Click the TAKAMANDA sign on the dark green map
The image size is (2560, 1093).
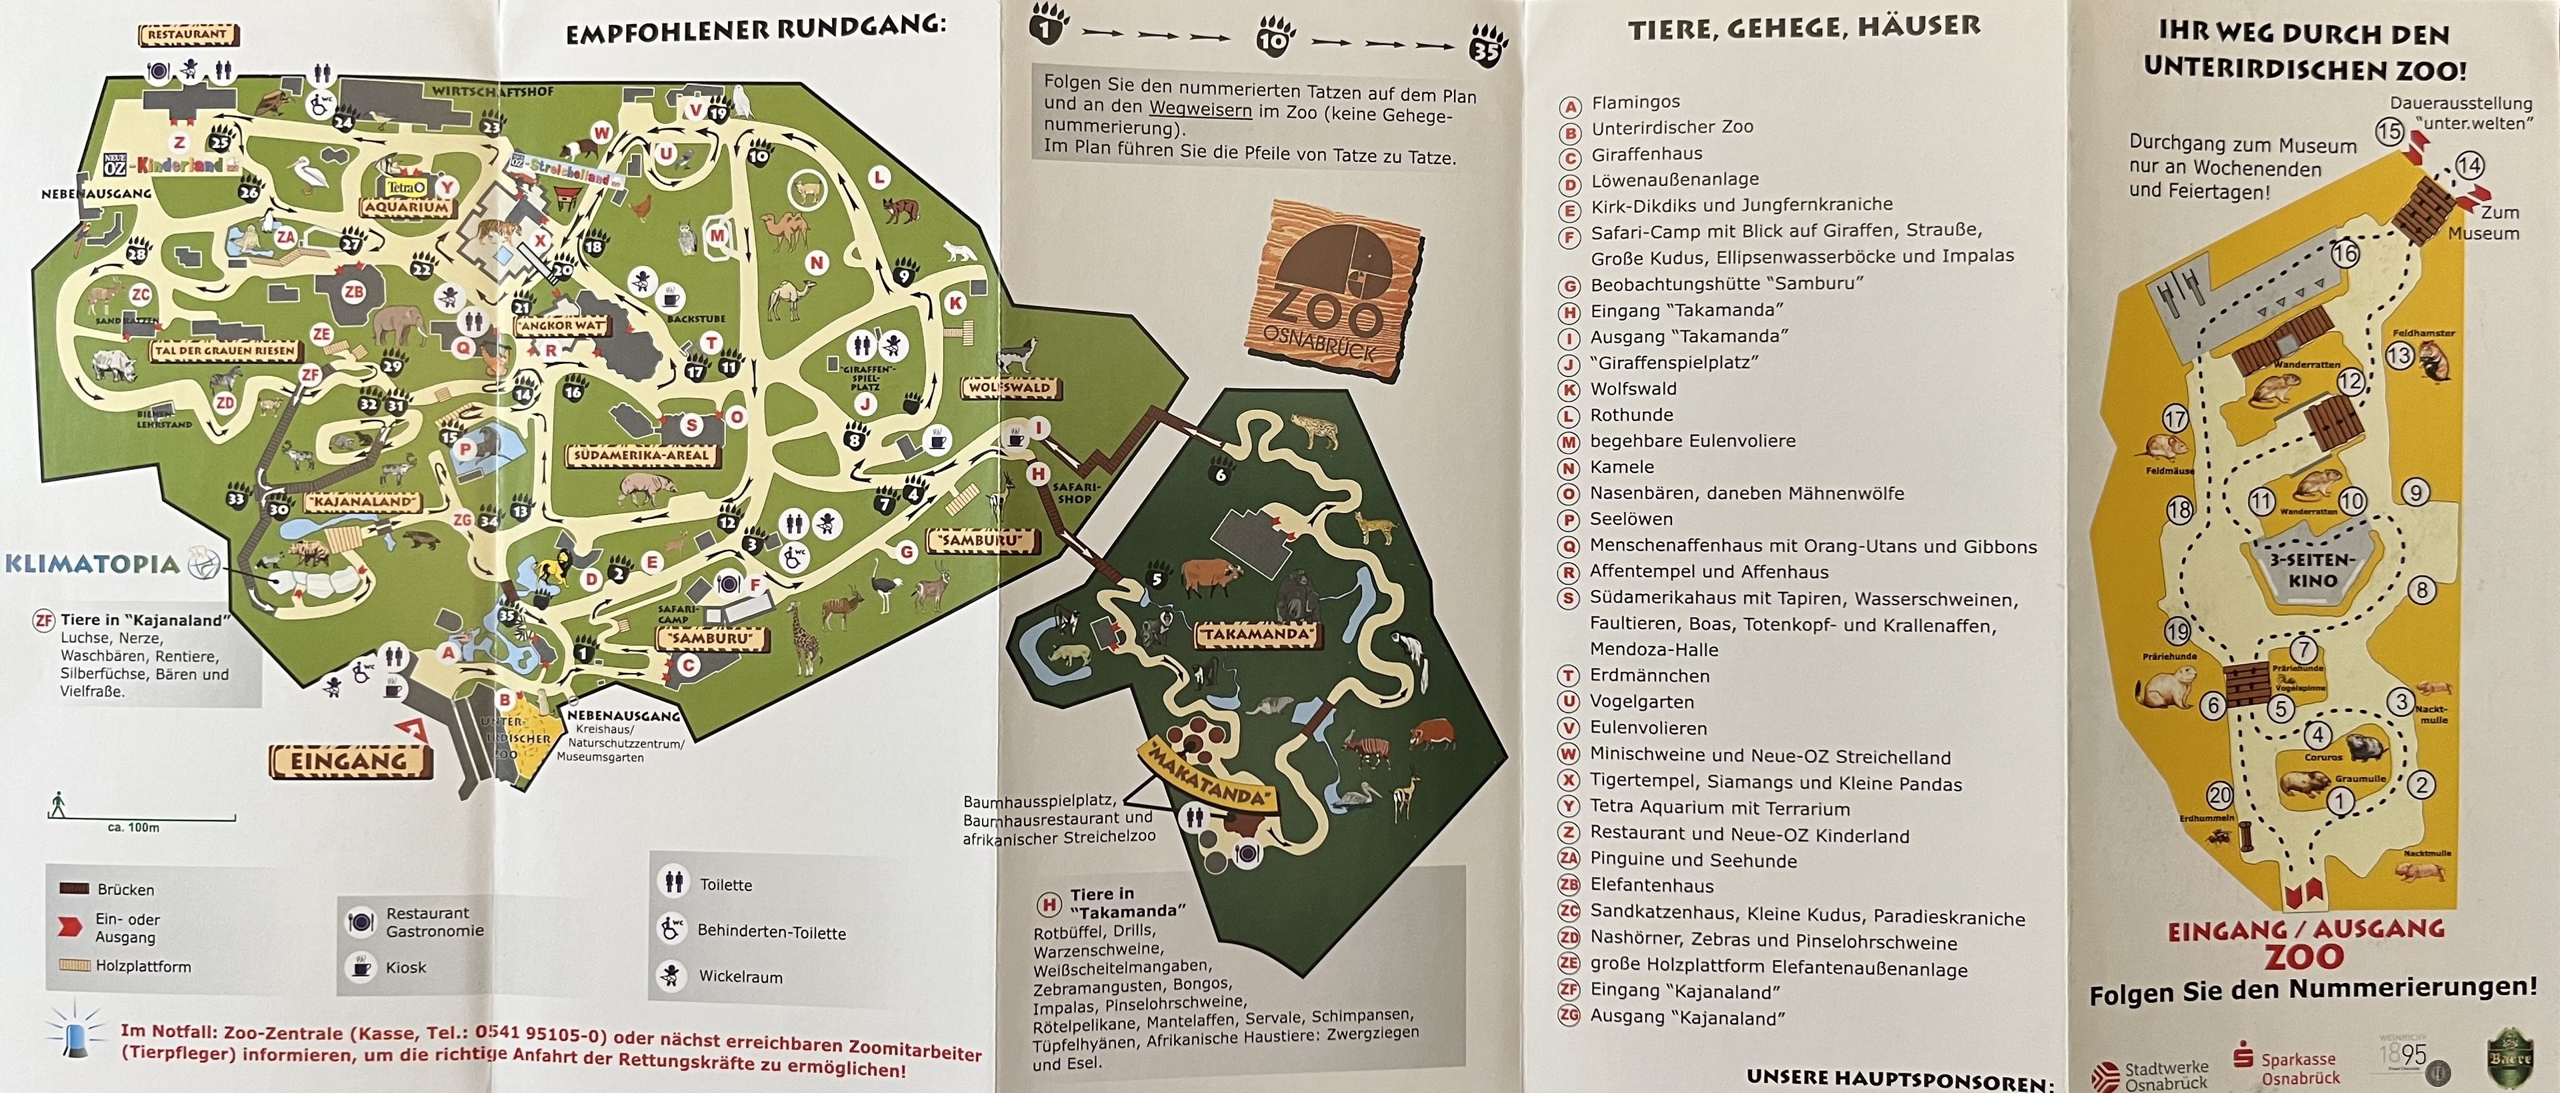pyautogui.click(x=1258, y=634)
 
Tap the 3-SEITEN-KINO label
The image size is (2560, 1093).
pyautogui.click(x=2313, y=570)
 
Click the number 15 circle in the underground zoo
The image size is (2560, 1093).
pyautogui.click(x=2390, y=131)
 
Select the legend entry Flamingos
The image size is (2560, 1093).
pyautogui.click(x=1635, y=103)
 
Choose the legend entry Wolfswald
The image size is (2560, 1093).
pyautogui.click(x=1633, y=389)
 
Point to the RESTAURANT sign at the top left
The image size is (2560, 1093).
pyautogui.click(x=188, y=35)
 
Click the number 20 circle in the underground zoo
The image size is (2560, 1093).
pyautogui.click(x=2219, y=796)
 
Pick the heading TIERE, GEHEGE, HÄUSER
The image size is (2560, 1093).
pyautogui.click(x=1804, y=29)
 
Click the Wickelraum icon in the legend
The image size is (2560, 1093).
pyautogui.click(x=672, y=976)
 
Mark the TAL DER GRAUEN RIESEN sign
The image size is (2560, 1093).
pyautogui.click(x=225, y=351)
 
